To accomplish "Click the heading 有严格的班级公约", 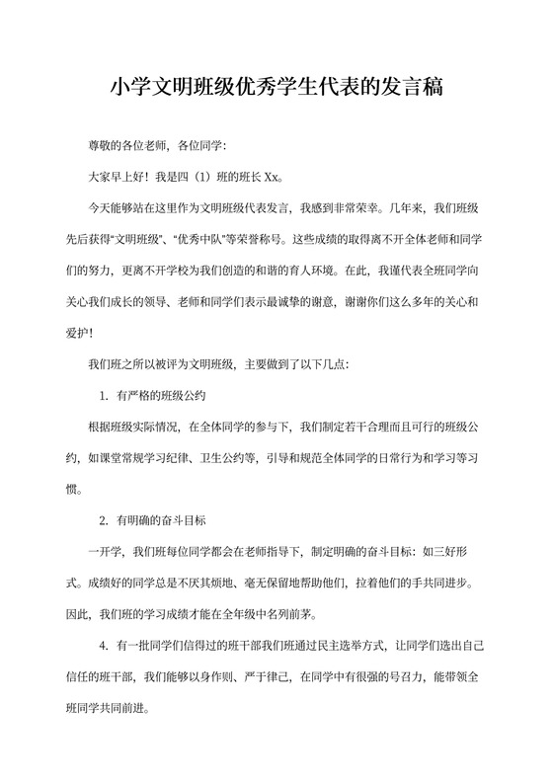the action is [161, 396].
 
